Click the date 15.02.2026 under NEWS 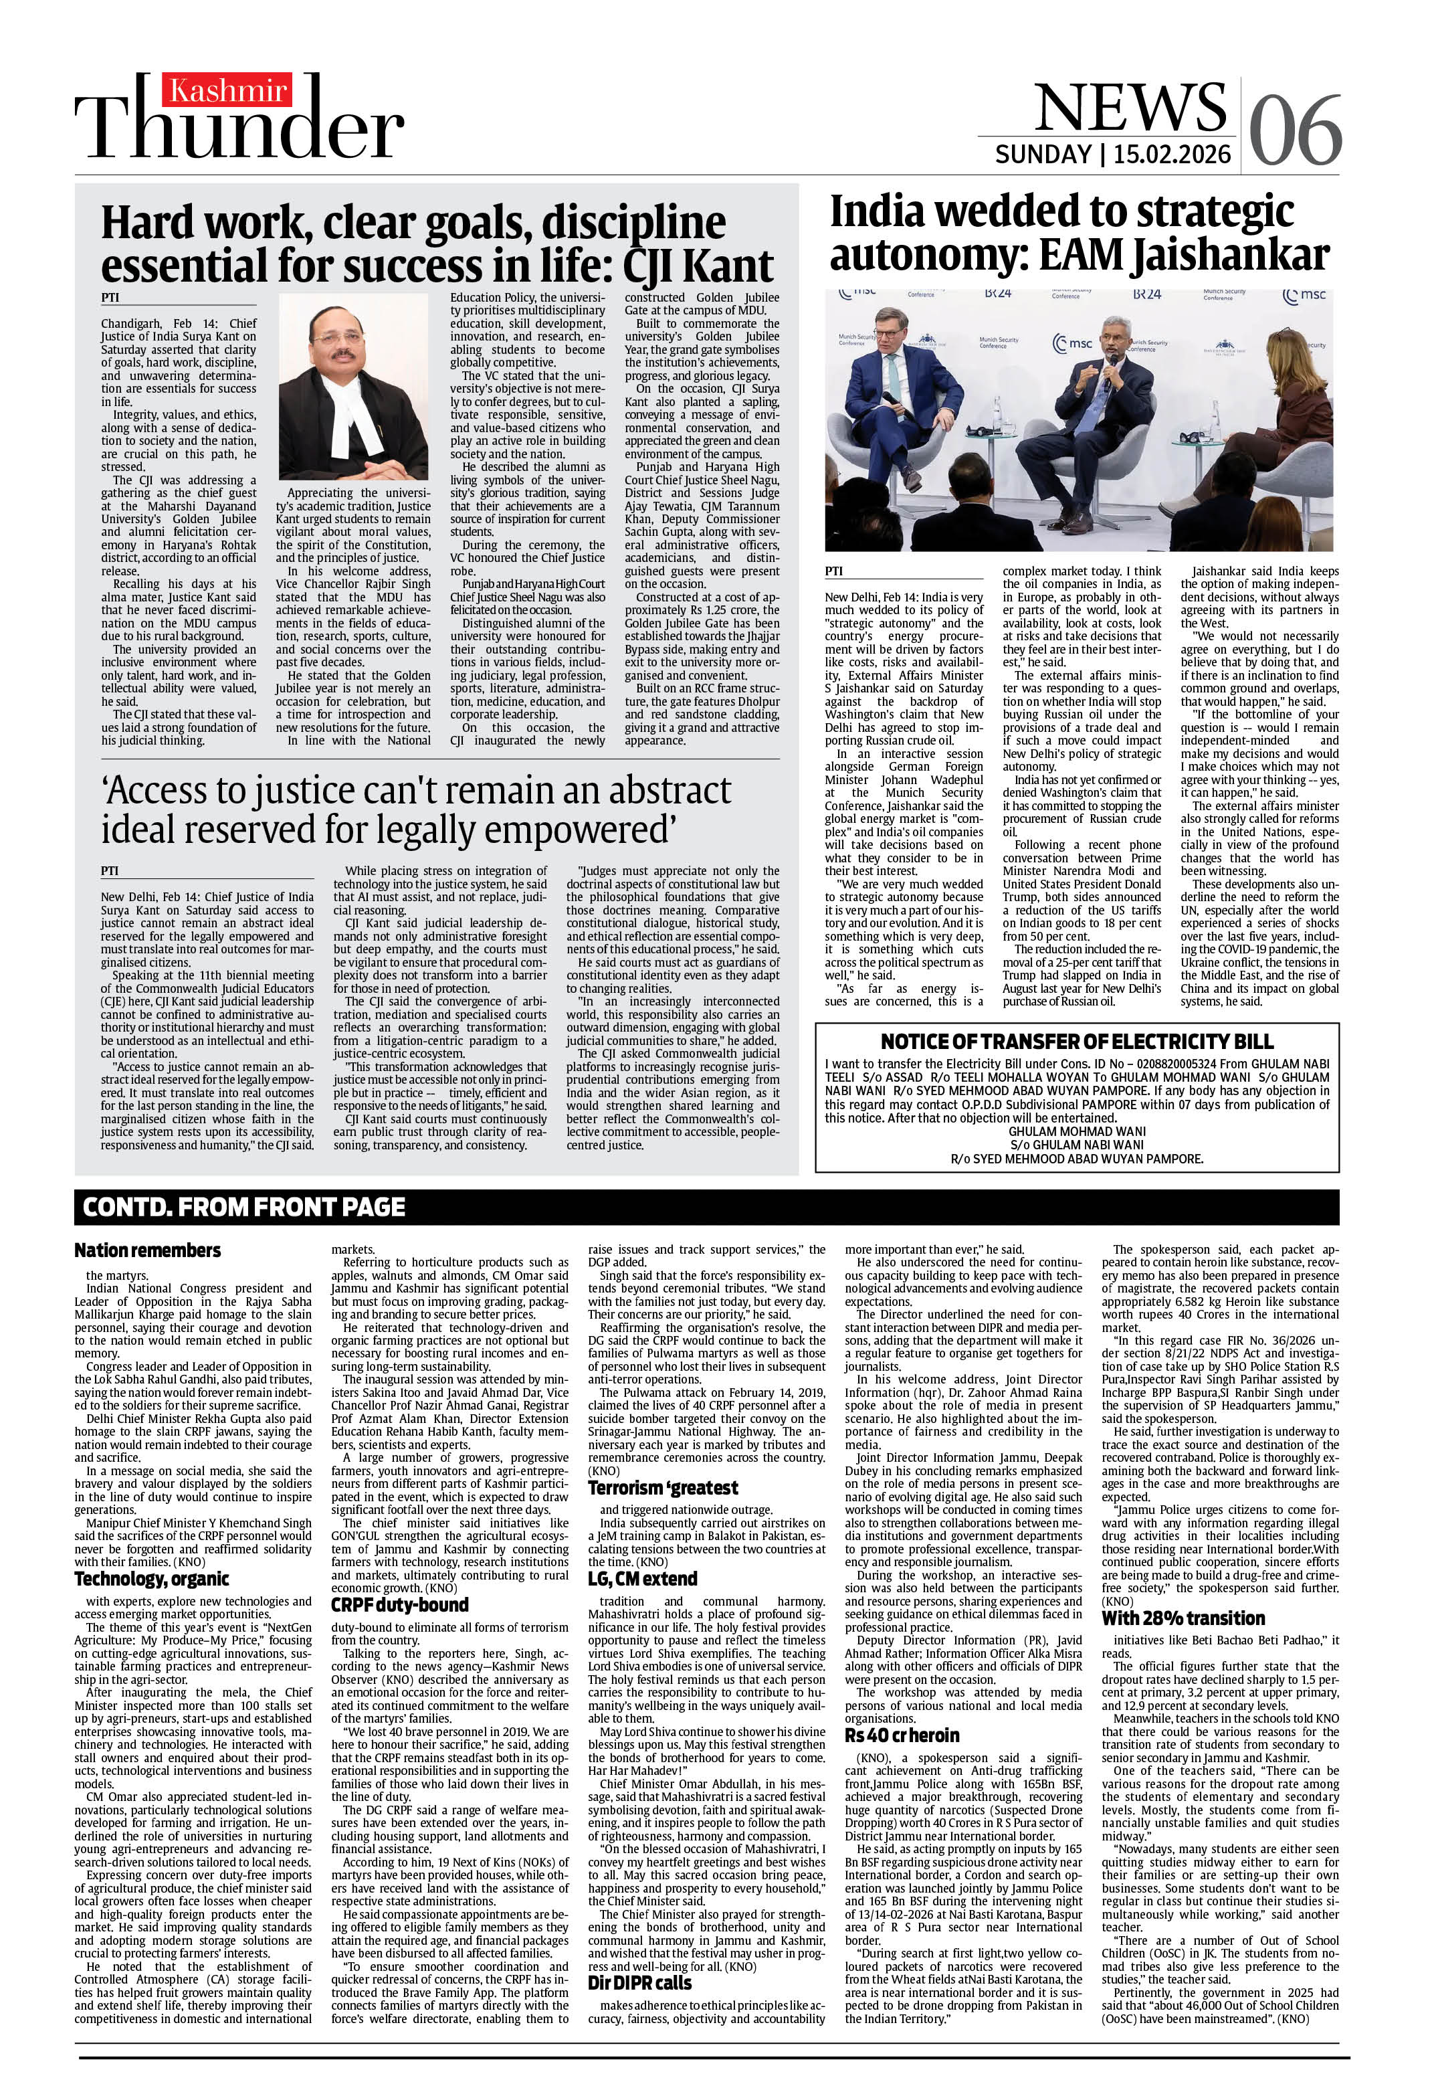click(x=1171, y=154)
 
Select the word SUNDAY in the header click(x=1043, y=154)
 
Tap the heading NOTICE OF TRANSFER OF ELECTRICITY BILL click(x=1076, y=1042)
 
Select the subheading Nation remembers click(x=147, y=1250)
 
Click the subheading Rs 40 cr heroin click(x=901, y=1735)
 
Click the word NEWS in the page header click(x=1130, y=108)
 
